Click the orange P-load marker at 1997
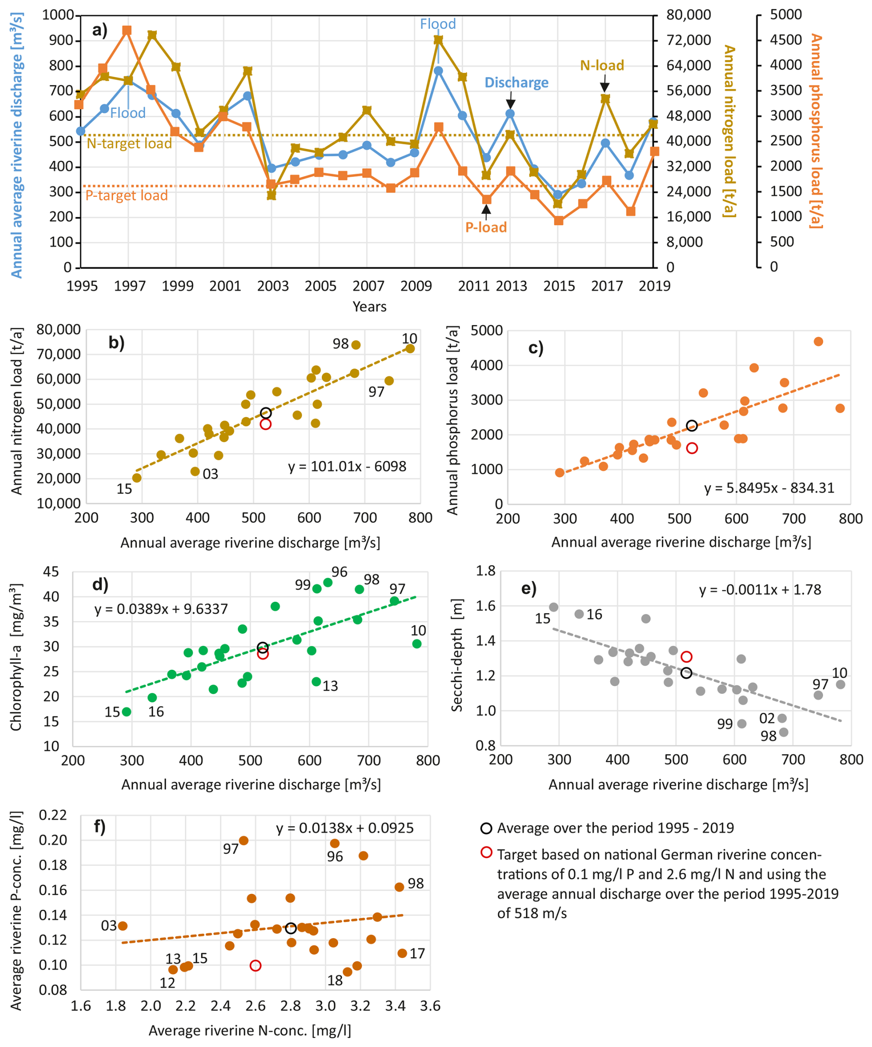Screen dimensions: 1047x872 [x=127, y=31]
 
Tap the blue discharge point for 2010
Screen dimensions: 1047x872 [x=438, y=71]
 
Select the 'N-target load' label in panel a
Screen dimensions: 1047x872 [x=129, y=143]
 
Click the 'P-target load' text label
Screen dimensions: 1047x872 [x=127, y=195]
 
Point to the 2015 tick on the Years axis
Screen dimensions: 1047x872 [x=559, y=286]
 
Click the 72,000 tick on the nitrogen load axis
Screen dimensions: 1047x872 [x=689, y=40]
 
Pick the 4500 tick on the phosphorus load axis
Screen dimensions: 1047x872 [x=786, y=40]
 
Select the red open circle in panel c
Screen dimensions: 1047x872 [x=692, y=448]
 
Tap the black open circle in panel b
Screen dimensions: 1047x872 [x=265, y=413]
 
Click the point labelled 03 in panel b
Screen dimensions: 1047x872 [x=195, y=471]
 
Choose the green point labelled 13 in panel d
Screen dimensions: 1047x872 [x=316, y=681]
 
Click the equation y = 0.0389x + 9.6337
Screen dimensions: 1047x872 [x=161, y=609]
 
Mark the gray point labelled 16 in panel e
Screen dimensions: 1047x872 [x=579, y=614]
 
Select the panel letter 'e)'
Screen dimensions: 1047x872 [x=529, y=588]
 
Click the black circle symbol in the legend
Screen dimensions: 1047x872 [x=486, y=828]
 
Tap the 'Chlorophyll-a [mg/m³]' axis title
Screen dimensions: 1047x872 [x=16, y=657]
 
